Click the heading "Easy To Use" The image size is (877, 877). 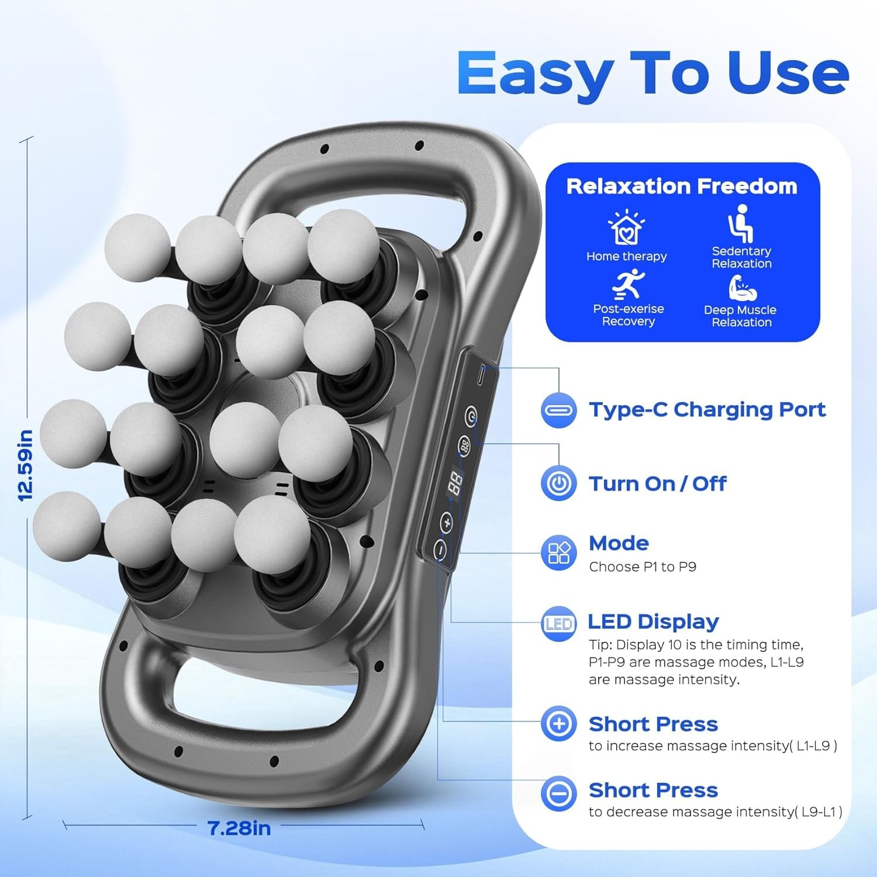tap(652, 73)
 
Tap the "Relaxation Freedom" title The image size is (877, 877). tap(682, 186)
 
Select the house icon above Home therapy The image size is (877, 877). tap(626, 227)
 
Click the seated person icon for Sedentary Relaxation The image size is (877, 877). tap(741, 223)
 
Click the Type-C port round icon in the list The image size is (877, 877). tap(558, 410)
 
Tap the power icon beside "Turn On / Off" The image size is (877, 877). tap(558, 484)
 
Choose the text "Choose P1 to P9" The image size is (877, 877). tap(643, 567)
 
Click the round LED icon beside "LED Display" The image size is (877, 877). tap(558, 624)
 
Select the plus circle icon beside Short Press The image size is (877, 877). tap(558, 724)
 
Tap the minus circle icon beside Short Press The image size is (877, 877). tap(558, 793)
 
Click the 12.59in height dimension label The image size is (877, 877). tap(25, 465)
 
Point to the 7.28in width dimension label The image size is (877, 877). tap(239, 828)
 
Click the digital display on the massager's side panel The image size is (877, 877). tap(455, 481)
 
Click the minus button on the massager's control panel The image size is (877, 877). tap(440, 550)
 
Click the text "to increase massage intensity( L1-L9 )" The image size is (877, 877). tap(713, 745)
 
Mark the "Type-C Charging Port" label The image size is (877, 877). tap(707, 410)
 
